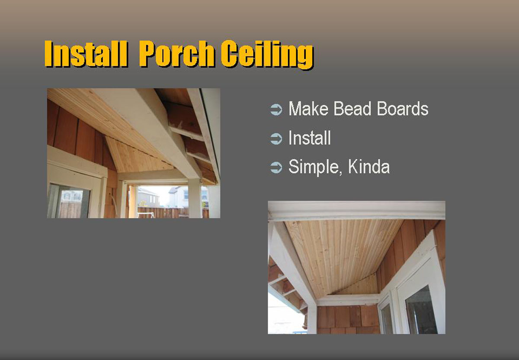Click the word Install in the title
tap(86, 54)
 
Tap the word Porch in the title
tap(176, 54)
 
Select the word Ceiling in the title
tap(267, 55)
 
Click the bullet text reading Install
tap(310, 138)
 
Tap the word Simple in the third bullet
tap(316, 167)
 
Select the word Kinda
tap(369, 167)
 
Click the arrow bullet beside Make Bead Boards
tap(276, 109)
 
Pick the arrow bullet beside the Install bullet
tap(276, 138)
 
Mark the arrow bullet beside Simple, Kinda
tap(276, 167)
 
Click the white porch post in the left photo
tap(195, 198)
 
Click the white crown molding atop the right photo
tap(356, 210)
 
